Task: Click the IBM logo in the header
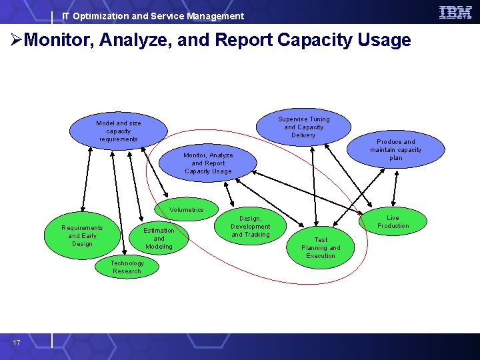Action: pyautogui.click(x=455, y=12)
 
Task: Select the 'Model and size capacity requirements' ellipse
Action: pyautogui.click(x=119, y=131)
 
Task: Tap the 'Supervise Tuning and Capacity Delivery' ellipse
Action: pyautogui.click(x=303, y=127)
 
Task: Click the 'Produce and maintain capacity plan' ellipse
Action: pyautogui.click(x=396, y=150)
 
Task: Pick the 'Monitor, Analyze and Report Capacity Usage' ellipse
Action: pyautogui.click(x=208, y=163)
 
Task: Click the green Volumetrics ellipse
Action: pyautogui.click(x=187, y=210)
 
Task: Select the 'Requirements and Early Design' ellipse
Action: pyautogui.click(x=82, y=236)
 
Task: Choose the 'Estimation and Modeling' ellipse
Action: pyautogui.click(x=159, y=239)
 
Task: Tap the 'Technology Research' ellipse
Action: pyautogui.click(x=127, y=267)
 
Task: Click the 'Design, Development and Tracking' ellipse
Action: pyautogui.click(x=251, y=227)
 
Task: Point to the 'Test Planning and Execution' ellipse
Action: pyautogui.click(x=321, y=248)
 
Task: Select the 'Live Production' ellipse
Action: pyautogui.click(x=393, y=222)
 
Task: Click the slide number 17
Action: pyautogui.click(x=16, y=342)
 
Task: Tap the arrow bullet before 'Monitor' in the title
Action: pyautogui.click(x=16, y=41)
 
